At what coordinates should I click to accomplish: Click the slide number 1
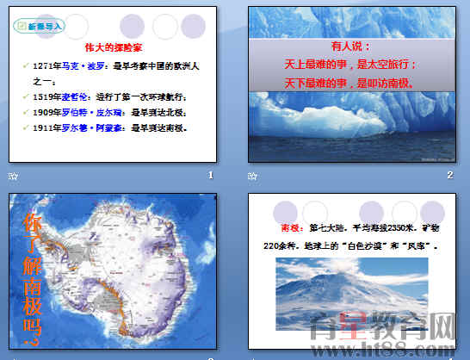coord(210,176)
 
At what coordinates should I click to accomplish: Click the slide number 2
coord(449,176)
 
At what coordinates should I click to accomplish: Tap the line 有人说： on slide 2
coord(350,47)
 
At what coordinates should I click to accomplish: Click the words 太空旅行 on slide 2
coord(386,65)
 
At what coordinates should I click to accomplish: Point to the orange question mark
coord(35,344)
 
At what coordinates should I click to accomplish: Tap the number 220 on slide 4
coord(275,246)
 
